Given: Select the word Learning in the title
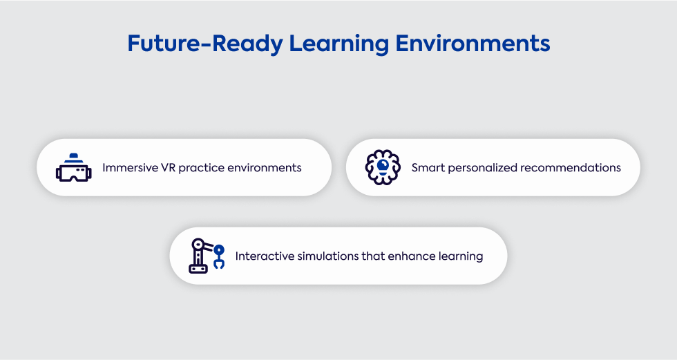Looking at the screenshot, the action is tap(339, 44).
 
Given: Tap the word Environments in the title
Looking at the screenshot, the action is tap(473, 44).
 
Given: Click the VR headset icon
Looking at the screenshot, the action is tap(73, 167).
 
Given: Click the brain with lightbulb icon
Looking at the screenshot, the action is tap(383, 167).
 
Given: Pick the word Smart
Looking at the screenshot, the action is tap(428, 167).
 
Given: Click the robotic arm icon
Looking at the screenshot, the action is tap(207, 256).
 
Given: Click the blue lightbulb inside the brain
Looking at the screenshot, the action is tap(383, 167).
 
